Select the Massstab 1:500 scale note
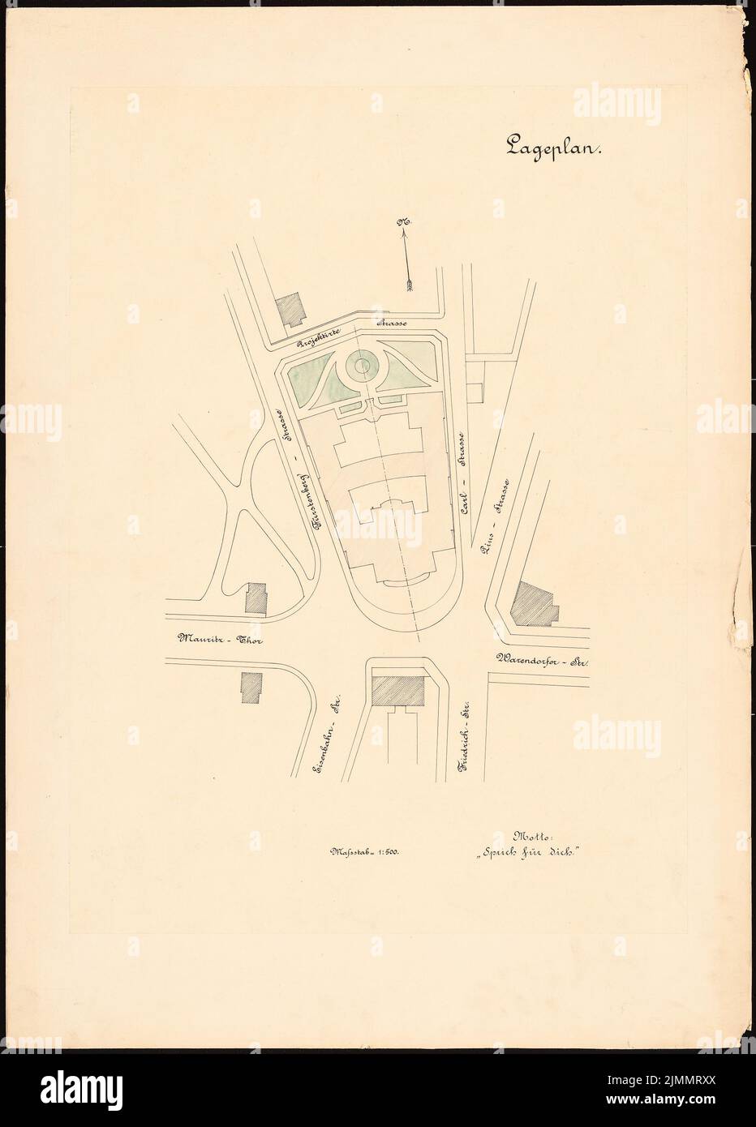point(367,851)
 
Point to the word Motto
point(531,836)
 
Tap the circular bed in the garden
point(363,369)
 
